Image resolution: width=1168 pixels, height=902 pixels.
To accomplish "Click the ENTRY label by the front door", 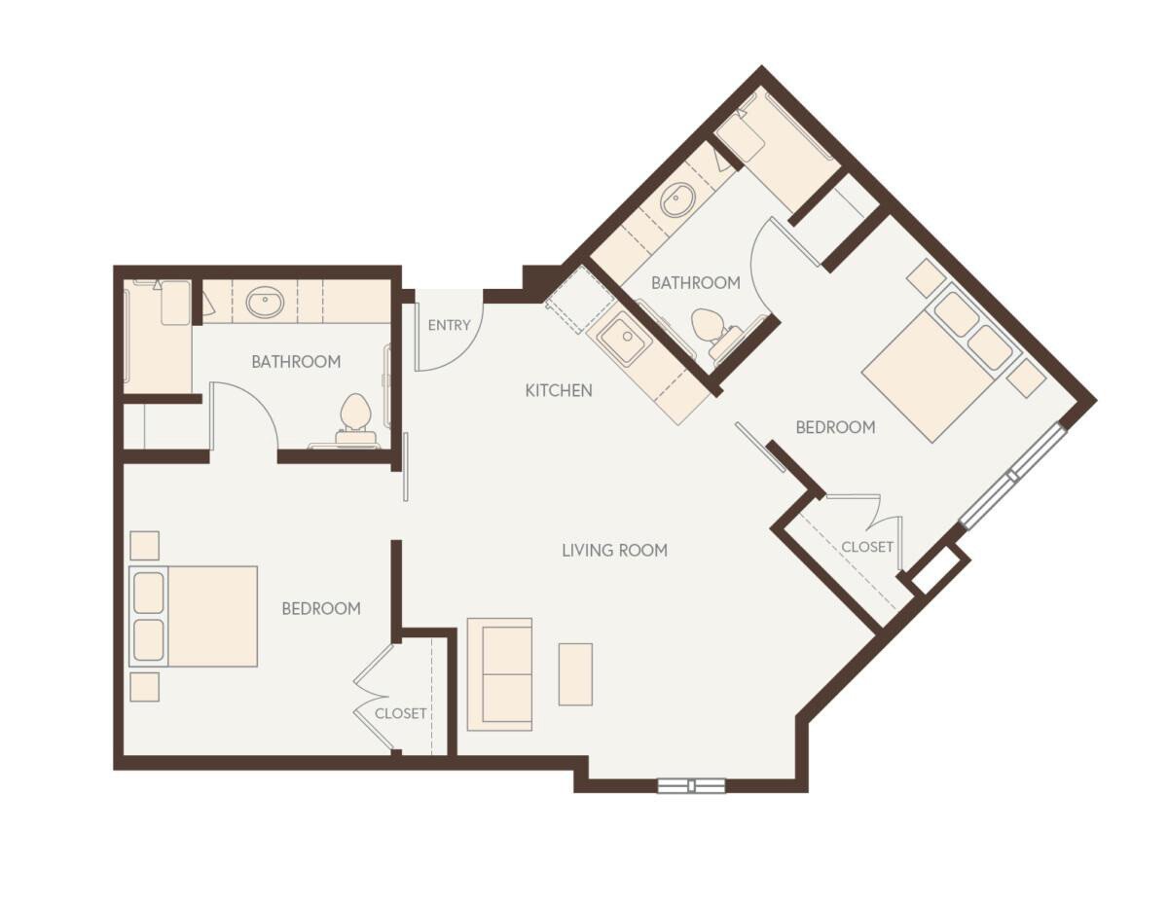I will [449, 325].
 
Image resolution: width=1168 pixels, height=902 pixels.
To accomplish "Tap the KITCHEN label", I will [559, 390].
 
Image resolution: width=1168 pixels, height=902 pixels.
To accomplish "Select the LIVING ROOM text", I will [614, 550].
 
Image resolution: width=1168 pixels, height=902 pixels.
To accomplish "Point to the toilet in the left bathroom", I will [355, 416].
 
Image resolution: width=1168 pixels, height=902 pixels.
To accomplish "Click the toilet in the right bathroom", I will [711, 327].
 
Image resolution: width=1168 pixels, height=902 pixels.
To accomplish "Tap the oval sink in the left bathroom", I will [265, 303].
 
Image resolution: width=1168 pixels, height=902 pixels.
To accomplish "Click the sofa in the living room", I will [499, 673].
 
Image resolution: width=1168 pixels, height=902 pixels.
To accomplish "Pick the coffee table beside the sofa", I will [575, 673].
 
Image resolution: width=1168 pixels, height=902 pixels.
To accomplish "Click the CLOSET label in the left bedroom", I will [401, 713].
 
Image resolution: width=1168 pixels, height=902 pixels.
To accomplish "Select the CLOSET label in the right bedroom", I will [867, 547].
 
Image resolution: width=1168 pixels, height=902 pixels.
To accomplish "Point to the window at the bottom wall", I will [691, 785].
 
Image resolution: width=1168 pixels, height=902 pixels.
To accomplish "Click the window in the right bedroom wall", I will [1013, 475].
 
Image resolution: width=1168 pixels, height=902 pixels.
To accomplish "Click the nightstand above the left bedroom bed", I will [144, 545].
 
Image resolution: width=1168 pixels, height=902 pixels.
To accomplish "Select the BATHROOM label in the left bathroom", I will [296, 362].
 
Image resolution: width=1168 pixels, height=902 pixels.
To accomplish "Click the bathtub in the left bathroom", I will [158, 336].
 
